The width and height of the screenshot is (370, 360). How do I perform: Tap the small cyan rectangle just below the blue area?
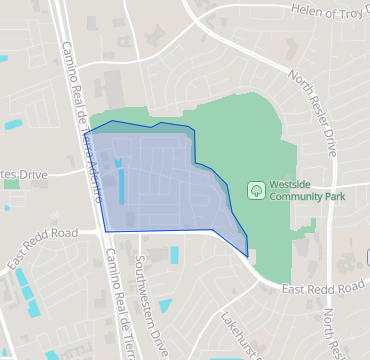(x=176, y=255)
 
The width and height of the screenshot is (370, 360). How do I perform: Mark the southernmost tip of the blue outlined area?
(x=246, y=256)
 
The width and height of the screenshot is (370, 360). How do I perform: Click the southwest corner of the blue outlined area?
(x=105, y=232)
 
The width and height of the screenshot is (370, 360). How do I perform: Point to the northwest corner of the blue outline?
(x=85, y=133)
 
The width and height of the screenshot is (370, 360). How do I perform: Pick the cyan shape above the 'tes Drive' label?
(x=13, y=126)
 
